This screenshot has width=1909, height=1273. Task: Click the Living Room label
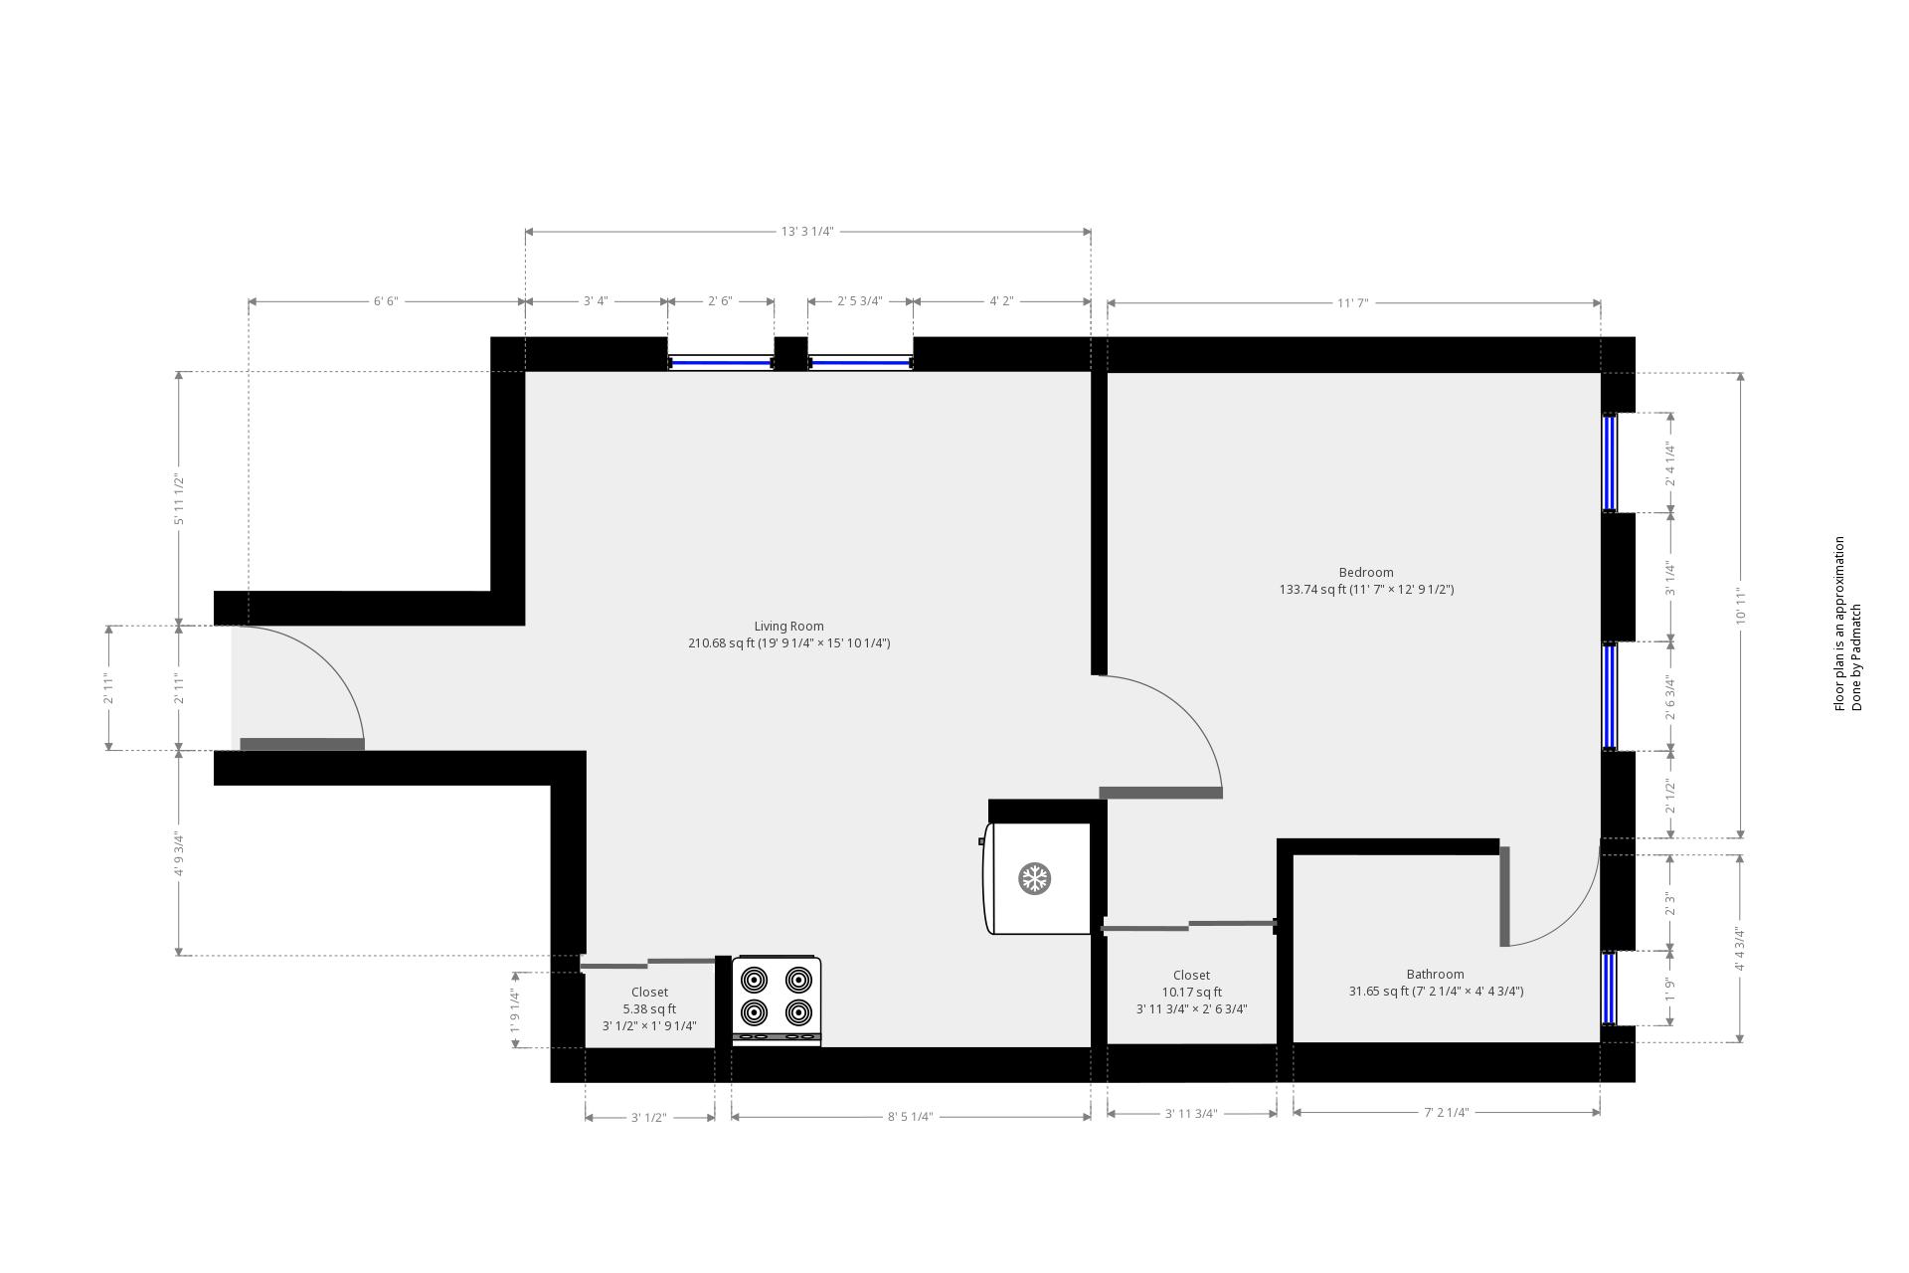point(788,627)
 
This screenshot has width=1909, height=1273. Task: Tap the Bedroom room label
point(1366,573)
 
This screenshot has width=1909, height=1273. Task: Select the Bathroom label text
point(1435,975)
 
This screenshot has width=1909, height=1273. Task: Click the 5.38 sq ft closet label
point(649,1008)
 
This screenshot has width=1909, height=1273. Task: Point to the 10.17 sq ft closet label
point(1191,992)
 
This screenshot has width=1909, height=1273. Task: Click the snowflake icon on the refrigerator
point(1035,878)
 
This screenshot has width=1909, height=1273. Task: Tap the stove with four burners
point(777,1000)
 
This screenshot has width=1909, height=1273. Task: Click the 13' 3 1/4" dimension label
point(806,232)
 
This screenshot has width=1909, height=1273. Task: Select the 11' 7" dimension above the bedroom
point(1352,302)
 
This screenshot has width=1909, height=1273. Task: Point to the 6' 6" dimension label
point(386,301)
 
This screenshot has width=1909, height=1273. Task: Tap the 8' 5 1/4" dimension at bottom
point(910,1117)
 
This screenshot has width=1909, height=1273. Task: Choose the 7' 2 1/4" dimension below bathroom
point(1446,1113)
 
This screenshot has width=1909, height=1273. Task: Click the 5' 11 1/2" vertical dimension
point(179,499)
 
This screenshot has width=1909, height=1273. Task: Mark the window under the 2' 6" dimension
point(721,363)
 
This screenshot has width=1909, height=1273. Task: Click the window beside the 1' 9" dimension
point(1609,989)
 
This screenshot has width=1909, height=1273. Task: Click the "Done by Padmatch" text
point(1856,657)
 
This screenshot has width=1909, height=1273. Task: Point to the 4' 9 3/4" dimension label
point(179,854)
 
